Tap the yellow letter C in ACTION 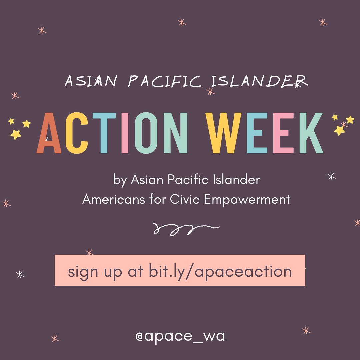tap(76, 133)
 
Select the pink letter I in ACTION tap(125, 133)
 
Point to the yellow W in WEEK tap(223, 133)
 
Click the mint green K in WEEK tap(311, 133)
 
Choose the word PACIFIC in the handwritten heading tap(164, 81)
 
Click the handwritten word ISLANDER tap(259, 81)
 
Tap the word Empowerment tap(247, 200)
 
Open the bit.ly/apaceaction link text tap(220, 272)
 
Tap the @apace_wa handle tap(180, 336)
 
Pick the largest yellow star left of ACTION tap(16, 134)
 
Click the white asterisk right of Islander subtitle tap(332, 176)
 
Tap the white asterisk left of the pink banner tap(20, 274)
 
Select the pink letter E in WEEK tap(283, 133)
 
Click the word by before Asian tap(120, 180)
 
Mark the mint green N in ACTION tap(176, 133)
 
